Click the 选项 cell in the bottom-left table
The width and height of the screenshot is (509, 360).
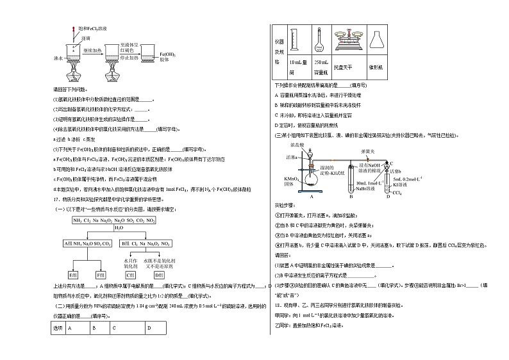click(58, 329)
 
